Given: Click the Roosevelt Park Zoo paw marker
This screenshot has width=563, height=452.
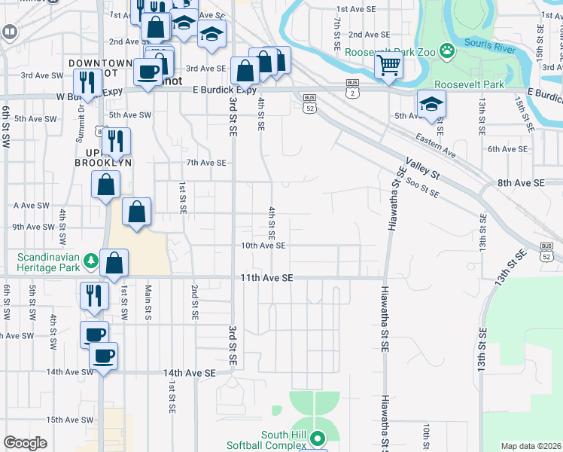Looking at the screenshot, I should [x=447, y=51].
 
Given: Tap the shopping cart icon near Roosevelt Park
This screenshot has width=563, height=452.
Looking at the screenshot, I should [x=388, y=66].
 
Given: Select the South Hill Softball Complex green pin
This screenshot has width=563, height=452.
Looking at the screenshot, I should [x=318, y=437].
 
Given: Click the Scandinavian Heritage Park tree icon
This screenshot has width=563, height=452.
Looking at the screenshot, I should [x=92, y=261].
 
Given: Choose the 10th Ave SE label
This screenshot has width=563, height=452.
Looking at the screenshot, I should [x=263, y=246].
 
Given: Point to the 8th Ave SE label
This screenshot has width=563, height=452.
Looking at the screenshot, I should [x=520, y=183].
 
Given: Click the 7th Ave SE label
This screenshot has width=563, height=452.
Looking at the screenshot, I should [x=205, y=163].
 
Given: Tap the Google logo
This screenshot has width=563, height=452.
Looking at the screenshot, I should [x=25, y=443].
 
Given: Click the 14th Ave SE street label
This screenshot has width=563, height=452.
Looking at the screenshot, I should [x=189, y=373].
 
